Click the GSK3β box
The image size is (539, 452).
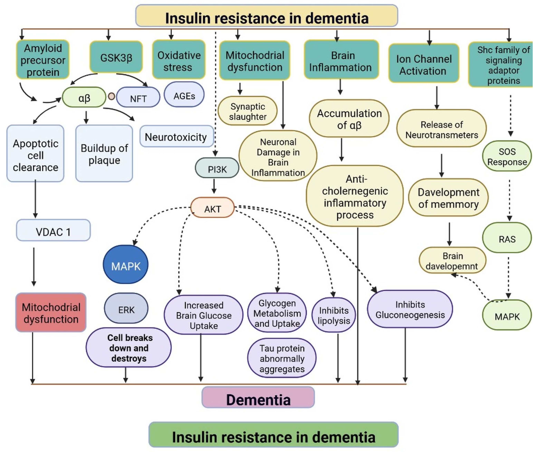click(116, 57)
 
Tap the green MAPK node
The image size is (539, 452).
click(507, 316)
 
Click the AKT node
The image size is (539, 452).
click(213, 208)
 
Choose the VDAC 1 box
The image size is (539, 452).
click(53, 231)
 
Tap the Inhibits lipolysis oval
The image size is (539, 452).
click(334, 315)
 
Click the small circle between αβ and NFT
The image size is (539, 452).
click(111, 96)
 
